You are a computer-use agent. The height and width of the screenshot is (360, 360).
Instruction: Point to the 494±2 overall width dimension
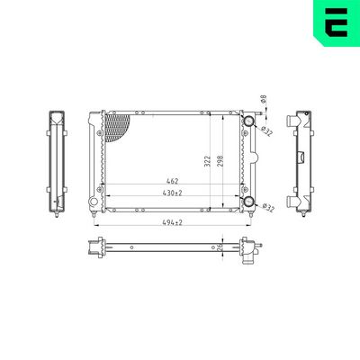click(x=173, y=222)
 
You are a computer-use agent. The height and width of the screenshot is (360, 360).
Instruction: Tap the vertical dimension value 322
click(x=208, y=161)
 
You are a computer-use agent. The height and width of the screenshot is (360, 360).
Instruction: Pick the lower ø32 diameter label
click(x=267, y=208)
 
